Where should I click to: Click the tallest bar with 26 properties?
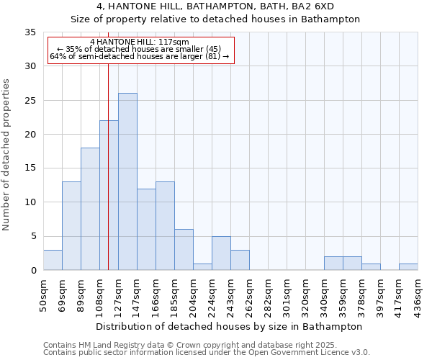tap(127, 181)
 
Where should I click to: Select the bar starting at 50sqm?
tap(53, 260)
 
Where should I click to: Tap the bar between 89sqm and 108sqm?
tap(90, 209)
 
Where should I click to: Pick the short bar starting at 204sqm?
tap(202, 267)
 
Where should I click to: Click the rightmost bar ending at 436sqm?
tap(408, 267)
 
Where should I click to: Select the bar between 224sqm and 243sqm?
tap(221, 253)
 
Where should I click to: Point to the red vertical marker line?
tap(108, 180)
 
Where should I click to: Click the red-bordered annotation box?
tap(141, 50)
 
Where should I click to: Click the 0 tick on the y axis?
tap(33, 271)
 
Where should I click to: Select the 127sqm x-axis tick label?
tap(118, 294)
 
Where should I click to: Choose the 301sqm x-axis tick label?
tap(287, 294)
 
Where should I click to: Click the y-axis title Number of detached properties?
tap(7, 155)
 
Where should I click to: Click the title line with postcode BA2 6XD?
tap(215, 6)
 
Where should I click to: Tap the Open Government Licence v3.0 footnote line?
tap(206, 353)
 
